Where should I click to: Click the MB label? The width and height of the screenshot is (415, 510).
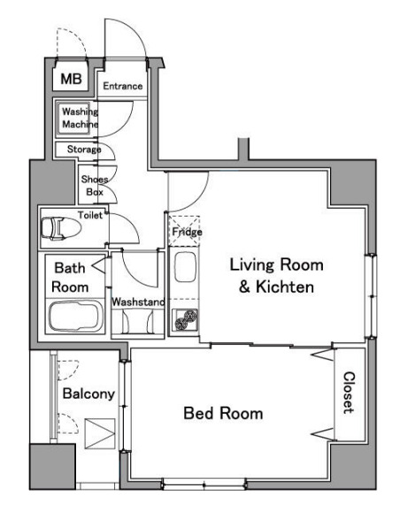[x=71, y=79]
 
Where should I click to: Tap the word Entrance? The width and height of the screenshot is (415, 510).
[x=123, y=86]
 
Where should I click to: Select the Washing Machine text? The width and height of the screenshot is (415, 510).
[x=80, y=118]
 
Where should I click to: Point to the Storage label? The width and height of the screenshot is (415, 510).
[x=84, y=149]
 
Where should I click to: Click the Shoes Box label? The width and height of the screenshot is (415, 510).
[x=95, y=186]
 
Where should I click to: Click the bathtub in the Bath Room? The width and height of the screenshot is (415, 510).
[x=76, y=316]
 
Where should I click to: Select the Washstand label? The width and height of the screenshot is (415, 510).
[x=138, y=302]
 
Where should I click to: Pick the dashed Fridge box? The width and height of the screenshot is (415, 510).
[x=184, y=231]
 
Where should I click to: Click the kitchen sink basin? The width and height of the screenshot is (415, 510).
[x=185, y=267]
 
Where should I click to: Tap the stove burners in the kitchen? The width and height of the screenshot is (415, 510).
[x=186, y=320]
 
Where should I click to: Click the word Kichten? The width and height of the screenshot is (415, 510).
[x=285, y=287]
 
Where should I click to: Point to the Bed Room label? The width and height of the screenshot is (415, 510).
[x=223, y=413]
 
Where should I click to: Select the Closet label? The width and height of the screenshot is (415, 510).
[x=349, y=392]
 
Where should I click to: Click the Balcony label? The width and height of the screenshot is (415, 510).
[x=88, y=393]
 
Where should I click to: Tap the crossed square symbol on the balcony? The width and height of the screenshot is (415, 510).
[x=100, y=434]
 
